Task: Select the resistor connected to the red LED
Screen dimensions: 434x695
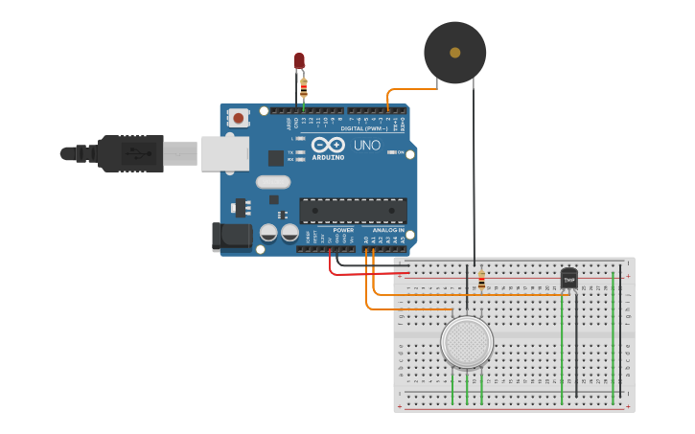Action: (x=304, y=86)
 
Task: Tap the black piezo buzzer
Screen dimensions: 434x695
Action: (x=454, y=52)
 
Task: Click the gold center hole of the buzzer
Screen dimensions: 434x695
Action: (x=454, y=53)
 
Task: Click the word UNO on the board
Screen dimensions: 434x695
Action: (x=367, y=146)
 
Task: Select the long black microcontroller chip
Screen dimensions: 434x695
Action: (x=353, y=211)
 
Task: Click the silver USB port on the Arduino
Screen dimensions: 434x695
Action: (x=224, y=153)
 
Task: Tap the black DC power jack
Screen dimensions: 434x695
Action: (x=230, y=238)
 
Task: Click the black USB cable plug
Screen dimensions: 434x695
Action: (x=129, y=153)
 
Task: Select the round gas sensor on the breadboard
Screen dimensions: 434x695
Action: (x=467, y=341)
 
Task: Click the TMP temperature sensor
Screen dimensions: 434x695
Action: (x=569, y=278)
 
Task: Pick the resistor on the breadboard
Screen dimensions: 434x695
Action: (x=481, y=282)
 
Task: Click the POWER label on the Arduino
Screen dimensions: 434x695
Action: (x=343, y=230)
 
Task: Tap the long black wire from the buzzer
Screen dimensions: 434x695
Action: (x=474, y=172)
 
